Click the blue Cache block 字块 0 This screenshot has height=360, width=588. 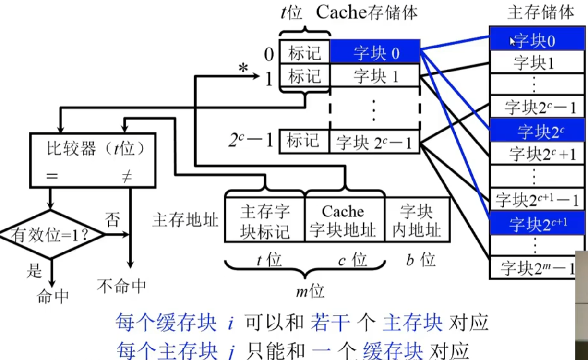pos(375,51)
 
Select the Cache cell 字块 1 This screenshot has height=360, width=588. pos(375,75)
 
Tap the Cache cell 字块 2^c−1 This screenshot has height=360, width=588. pos(374,142)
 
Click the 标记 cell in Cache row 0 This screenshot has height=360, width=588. pos(304,51)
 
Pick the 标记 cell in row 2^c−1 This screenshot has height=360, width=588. pos(304,141)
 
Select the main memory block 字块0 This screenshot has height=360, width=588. pos(537,39)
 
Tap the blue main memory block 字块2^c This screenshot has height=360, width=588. pos(537,130)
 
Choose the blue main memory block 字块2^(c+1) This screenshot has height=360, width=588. pos(537,223)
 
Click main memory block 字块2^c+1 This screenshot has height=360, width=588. pos(537,154)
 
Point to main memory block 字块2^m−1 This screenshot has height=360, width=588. pos(533,267)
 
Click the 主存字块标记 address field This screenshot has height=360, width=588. pos(265,219)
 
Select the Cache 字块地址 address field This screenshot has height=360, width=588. pos(345,219)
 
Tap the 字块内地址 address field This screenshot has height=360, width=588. pos(418,219)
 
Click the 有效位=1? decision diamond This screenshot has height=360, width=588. pos(51,234)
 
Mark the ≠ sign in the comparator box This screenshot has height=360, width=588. pos(127,176)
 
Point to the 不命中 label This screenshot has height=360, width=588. pos(121,286)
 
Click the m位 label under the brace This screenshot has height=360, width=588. pos(310,291)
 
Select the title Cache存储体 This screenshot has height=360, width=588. pos(367,12)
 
